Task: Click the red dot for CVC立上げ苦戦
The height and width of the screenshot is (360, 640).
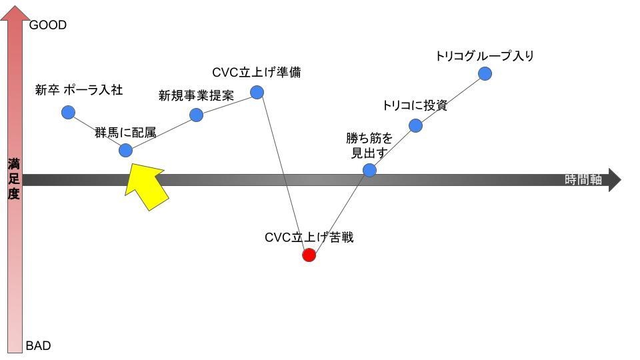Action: coord(309,255)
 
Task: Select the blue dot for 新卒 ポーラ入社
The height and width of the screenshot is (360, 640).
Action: coord(68,112)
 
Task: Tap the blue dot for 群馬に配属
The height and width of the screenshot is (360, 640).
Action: coord(125,150)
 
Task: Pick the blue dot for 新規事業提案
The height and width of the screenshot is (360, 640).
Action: coord(196,115)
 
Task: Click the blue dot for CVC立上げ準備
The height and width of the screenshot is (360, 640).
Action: coord(257,92)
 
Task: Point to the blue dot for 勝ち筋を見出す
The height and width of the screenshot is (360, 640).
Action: coord(369,170)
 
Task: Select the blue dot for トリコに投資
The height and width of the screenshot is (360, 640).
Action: coord(415,125)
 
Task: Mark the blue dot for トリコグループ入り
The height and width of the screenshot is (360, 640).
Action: coord(485,73)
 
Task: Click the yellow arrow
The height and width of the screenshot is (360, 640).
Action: coord(146,187)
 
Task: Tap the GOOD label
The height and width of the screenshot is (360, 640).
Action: coord(48,25)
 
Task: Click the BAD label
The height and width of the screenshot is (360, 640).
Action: coord(38,346)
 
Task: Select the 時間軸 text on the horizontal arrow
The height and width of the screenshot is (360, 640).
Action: coord(583,179)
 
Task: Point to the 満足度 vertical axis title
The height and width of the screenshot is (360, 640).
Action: coord(14,179)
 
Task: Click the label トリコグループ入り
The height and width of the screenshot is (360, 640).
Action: coord(485,56)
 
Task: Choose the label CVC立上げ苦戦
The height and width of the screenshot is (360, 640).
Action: coord(309,237)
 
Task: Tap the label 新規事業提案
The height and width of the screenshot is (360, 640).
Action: coord(196,95)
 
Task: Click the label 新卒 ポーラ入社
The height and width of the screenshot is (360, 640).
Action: coord(79,90)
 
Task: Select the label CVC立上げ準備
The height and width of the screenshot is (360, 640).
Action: coord(257,72)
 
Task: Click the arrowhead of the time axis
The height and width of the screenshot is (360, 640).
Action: coord(614,180)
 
